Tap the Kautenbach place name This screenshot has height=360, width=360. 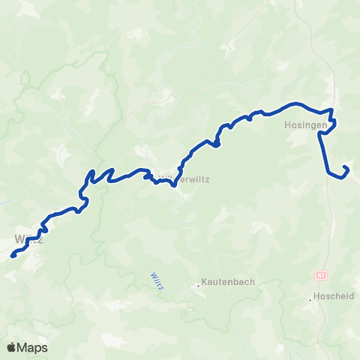click(x=229, y=283)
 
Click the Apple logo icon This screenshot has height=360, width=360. click(x=13, y=347)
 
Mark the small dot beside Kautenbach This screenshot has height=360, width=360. click(x=197, y=285)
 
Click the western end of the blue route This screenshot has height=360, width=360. click(x=13, y=256)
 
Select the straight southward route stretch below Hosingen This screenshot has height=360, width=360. click(x=325, y=154)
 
